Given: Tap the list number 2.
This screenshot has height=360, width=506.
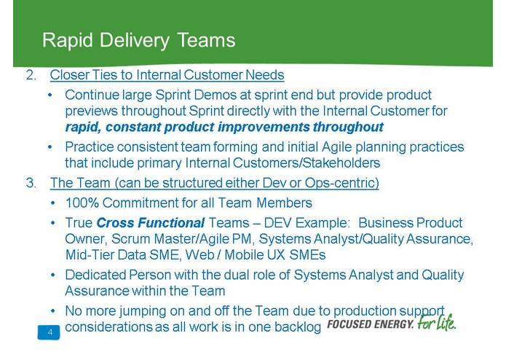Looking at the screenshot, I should coord(31,75).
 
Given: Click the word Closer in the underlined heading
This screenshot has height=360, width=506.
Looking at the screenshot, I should coord(69,75).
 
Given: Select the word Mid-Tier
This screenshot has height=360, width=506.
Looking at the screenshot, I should coord(89,255).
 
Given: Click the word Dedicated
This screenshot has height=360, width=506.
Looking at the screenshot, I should coord(95,275).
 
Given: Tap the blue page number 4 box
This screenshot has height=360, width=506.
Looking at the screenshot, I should coord(49,333).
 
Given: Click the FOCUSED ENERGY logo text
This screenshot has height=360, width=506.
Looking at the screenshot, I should coord(371,324).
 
